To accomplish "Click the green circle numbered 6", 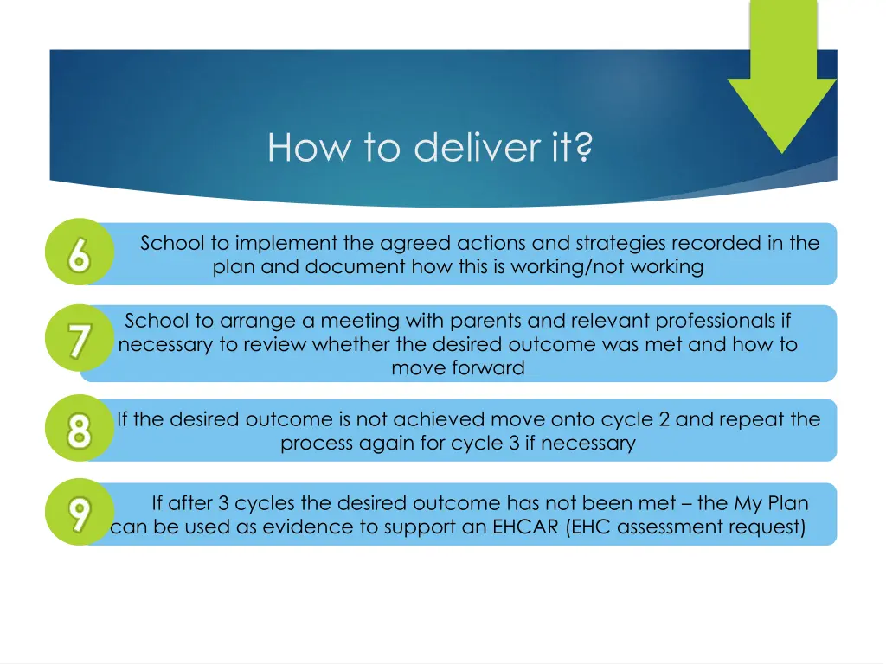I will pyautogui.click(x=79, y=252).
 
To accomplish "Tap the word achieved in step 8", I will pyautogui.click(x=439, y=420).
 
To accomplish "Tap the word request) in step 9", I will pyautogui.click(x=768, y=527).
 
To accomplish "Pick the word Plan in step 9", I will pyautogui.click(x=789, y=503).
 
